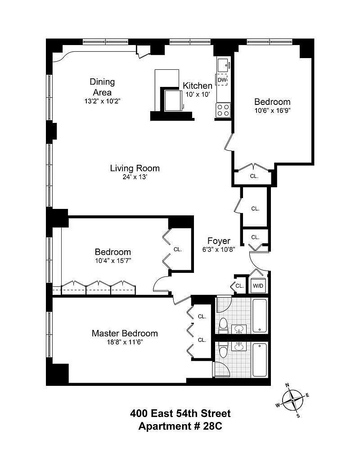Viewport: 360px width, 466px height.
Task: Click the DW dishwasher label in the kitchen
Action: click(x=222, y=80)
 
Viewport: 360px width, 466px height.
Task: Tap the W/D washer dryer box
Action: click(x=258, y=285)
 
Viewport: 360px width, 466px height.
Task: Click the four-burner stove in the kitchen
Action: click(x=223, y=110)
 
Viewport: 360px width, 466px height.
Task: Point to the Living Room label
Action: click(x=135, y=168)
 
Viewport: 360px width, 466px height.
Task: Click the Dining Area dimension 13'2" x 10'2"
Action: click(x=102, y=101)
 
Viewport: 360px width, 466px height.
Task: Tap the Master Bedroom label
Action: click(x=125, y=334)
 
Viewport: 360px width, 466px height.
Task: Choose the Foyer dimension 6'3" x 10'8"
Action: click(x=219, y=249)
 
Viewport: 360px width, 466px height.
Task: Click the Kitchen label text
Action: click(x=198, y=86)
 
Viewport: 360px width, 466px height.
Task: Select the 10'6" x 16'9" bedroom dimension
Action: click(x=272, y=111)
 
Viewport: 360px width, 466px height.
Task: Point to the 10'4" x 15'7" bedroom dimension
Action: click(x=113, y=261)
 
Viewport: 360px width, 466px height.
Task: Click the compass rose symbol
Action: click(x=293, y=400)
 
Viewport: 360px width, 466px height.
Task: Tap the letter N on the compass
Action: click(x=287, y=385)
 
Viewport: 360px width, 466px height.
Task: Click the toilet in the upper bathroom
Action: click(x=223, y=325)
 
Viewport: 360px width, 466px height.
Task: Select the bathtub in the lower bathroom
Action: click(x=260, y=360)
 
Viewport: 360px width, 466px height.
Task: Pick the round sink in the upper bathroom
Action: click(x=239, y=329)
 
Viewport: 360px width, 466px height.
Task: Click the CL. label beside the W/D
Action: click(x=240, y=286)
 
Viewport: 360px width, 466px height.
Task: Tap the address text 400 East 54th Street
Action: click(x=180, y=413)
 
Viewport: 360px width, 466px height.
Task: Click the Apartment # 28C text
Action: click(x=180, y=426)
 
